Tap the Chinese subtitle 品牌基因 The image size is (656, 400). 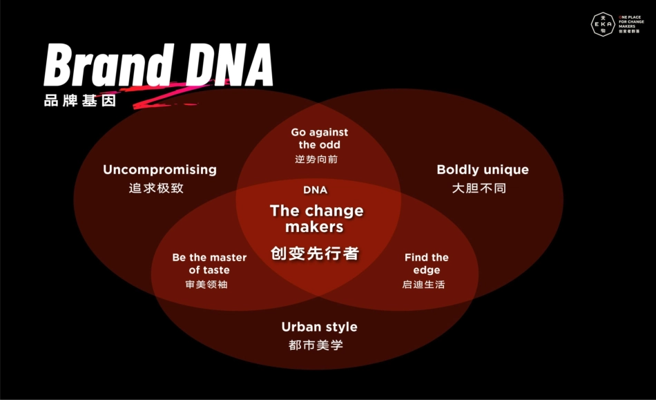click(x=80, y=101)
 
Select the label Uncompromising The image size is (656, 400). click(x=160, y=169)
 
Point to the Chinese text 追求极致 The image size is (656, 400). click(x=156, y=188)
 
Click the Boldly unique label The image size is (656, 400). click(x=483, y=169)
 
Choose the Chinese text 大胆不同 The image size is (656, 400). click(x=479, y=188)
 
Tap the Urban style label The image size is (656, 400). click(x=319, y=327)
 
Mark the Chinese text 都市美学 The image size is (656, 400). click(x=316, y=345)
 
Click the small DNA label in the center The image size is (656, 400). click(x=316, y=190)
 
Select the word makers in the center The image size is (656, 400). click(x=314, y=227)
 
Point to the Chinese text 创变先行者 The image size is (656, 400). click(x=315, y=253)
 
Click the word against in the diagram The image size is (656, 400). click(x=329, y=133)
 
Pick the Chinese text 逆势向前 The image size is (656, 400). click(x=316, y=159)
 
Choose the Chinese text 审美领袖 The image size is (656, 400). click(x=206, y=285)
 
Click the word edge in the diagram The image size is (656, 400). click(x=426, y=270)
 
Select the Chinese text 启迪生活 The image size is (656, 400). click(x=423, y=285)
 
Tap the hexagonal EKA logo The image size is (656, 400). click(x=603, y=24)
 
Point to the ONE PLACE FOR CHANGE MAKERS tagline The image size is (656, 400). click(x=631, y=24)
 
